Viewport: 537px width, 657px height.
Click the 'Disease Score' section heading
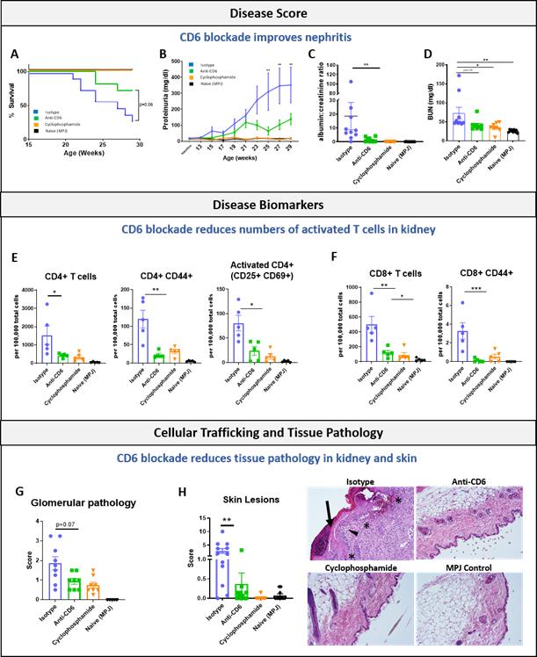(x=268, y=13)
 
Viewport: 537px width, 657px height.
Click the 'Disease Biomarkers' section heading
(x=268, y=206)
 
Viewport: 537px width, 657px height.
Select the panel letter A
(x=15, y=54)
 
